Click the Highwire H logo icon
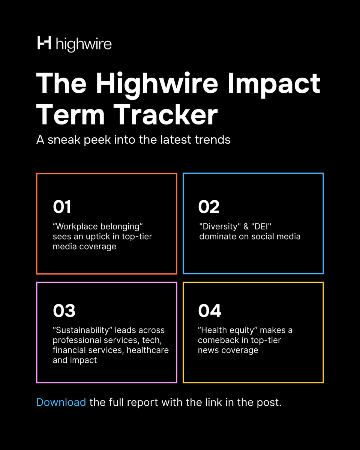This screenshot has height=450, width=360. pyautogui.click(x=44, y=43)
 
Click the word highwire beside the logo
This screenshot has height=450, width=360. pyautogui.click(x=83, y=44)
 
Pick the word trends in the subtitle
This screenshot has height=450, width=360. pyautogui.click(x=212, y=140)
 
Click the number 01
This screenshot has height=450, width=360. pyautogui.click(x=62, y=207)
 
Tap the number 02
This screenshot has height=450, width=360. pyautogui.click(x=209, y=207)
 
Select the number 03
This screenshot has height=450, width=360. pyautogui.click(x=64, y=311)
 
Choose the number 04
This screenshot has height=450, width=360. pyautogui.click(x=210, y=311)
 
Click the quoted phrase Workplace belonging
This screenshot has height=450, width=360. pyautogui.click(x=98, y=227)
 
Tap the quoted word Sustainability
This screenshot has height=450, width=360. pyautogui.click(x=82, y=330)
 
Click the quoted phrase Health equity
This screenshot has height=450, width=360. pyautogui.click(x=228, y=330)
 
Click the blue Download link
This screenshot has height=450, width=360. pyautogui.click(x=61, y=403)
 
